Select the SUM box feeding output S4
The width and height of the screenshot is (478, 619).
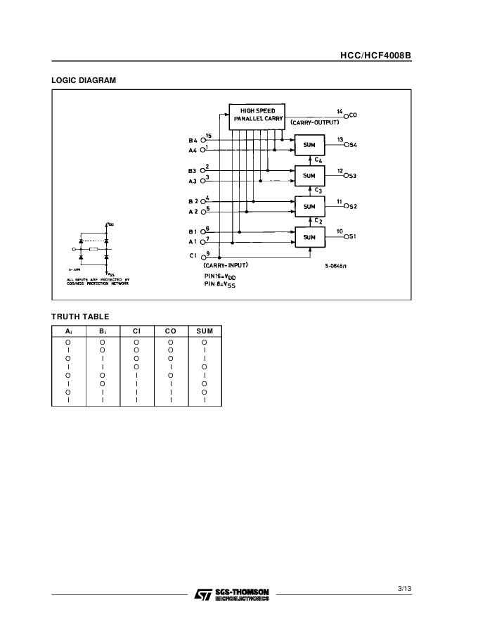pos(309,146)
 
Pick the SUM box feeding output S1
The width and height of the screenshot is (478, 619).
pos(309,238)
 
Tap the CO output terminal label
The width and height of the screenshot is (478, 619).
pos(353,115)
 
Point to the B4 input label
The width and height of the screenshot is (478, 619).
pos(192,140)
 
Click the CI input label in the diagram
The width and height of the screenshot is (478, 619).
pos(193,256)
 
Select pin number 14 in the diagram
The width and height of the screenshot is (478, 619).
pos(340,111)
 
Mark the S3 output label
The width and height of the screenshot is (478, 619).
pos(353,176)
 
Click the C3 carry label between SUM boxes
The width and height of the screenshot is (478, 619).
pos(318,191)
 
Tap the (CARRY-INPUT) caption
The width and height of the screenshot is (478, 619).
pos(225,265)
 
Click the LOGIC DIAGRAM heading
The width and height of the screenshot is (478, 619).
pos(84,80)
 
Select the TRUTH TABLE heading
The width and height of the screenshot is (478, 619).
pos(80,317)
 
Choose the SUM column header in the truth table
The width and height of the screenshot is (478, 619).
pos(205,331)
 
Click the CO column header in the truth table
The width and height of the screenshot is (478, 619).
pos(170,331)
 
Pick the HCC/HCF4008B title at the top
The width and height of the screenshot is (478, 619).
pos(375,54)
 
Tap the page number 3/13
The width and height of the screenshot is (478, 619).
pos(403,588)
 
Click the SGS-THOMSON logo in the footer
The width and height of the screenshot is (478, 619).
pos(231,594)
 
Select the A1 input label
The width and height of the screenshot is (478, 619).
pos(193,241)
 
